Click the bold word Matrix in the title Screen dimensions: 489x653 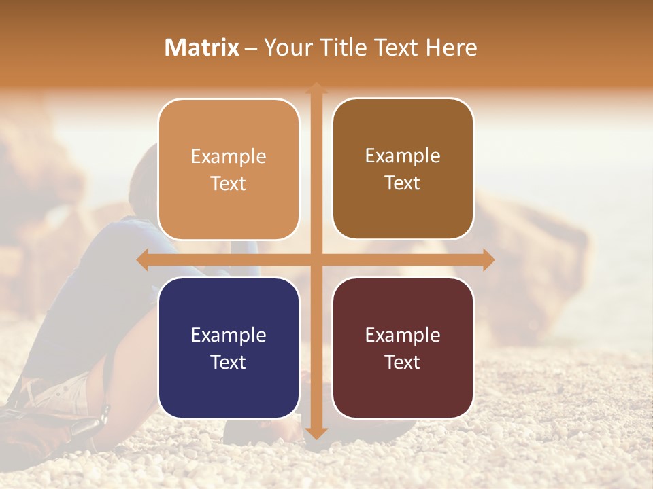pyautogui.click(x=202, y=48)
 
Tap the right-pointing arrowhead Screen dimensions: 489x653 pyautogui.click(x=488, y=259)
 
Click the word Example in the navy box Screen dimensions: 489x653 pyautogui.click(x=229, y=335)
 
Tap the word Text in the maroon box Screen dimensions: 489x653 pyautogui.click(x=403, y=362)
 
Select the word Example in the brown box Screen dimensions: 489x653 pyautogui.click(x=403, y=156)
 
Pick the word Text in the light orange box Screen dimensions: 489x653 pyautogui.click(x=229, y=183)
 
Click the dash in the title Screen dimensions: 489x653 pyautogui.click(x=251, y=48)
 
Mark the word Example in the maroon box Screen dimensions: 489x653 pyautogui.click(x=403, y=335)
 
